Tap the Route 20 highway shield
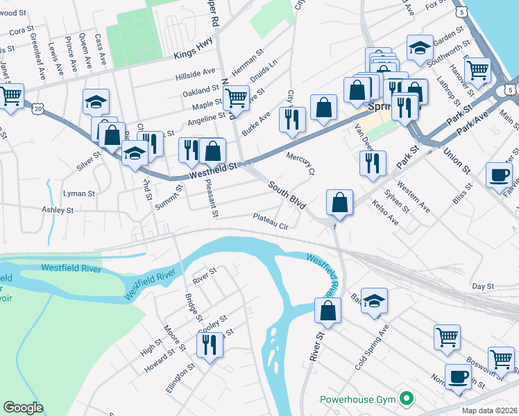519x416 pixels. (37, 109)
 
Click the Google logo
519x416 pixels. (23, 408)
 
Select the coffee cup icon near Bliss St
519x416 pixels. (498, 175)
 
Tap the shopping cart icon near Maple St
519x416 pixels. (236, 97)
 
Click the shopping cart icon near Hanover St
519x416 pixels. (477, 70)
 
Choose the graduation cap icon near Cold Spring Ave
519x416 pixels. (374, 300)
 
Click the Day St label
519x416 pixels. (482, 286)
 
